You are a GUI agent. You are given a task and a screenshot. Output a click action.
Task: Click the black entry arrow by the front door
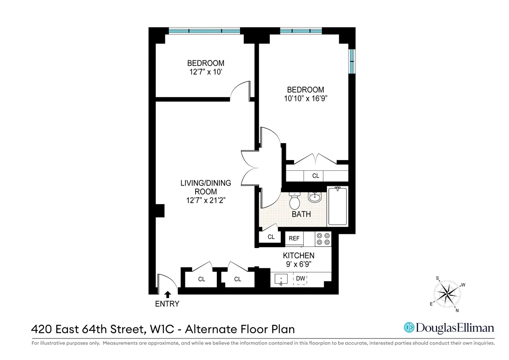[167, 294]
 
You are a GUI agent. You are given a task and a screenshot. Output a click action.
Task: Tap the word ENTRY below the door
[167, 304]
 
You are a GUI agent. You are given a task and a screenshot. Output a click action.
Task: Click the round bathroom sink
[315, 197]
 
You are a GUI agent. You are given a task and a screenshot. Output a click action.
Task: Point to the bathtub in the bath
[338, 206]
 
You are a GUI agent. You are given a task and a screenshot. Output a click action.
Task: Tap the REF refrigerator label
[294, 239]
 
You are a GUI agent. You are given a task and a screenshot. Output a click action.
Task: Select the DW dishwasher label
[301, 278]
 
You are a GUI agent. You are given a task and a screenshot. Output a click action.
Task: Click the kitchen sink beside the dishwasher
[281, 280]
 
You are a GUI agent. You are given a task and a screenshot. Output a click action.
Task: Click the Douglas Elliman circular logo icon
[409, 328]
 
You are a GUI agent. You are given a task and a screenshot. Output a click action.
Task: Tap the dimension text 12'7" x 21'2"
[206, 201]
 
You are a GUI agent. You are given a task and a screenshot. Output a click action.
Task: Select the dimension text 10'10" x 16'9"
[305, 98]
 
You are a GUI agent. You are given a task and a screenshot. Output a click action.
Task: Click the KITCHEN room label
[299, 256]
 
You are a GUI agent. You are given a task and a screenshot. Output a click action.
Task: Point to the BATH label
[301, 214]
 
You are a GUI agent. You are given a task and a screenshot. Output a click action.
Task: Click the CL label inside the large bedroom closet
[316, 176]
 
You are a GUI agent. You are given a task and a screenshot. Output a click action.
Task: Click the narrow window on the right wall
[351, 62]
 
